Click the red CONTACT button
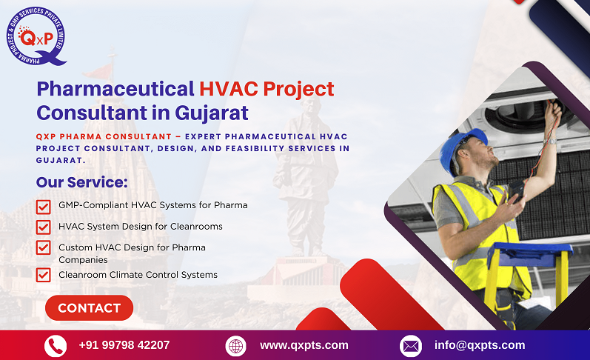click(89, 308)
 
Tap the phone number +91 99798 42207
click(124, 345)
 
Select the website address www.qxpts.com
click(304, 345)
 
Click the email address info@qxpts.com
click(480, 345)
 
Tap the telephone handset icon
click(56, 346)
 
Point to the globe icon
click(235, 346)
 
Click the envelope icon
click(410, 346)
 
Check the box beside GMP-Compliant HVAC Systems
click(43, 206)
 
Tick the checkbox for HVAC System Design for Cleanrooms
click(43, 227)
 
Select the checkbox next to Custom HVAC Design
click(43, 247)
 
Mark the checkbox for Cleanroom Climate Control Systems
click(43, 275)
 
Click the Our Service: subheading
click(82, 182)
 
